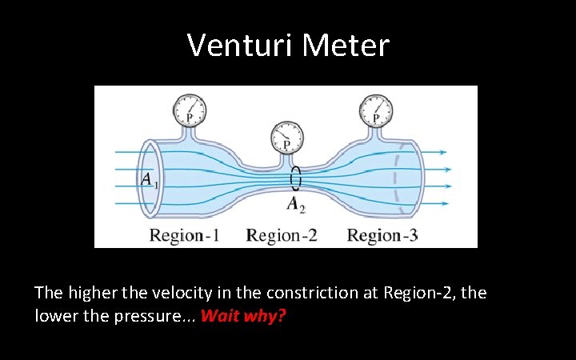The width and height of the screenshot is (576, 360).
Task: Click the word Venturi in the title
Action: click(240, 46)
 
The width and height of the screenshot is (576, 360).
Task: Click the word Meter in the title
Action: click(346, 46)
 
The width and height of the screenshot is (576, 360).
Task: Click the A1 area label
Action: click(149, 181)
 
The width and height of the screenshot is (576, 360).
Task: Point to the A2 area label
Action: click(296, 203)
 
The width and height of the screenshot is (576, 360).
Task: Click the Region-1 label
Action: click(184, 234)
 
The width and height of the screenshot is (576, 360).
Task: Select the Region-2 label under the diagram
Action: click(282, 234)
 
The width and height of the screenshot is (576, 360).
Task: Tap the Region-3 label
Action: click(382, 234)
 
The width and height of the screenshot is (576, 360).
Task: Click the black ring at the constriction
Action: click(296, 178)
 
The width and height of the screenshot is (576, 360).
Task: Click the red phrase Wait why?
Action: click(243, 315)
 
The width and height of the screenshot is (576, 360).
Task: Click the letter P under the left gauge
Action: click(190, 118)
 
